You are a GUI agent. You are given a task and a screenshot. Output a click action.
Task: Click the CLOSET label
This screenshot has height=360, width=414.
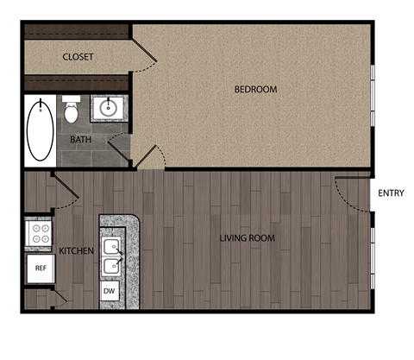click(x=78, y=57)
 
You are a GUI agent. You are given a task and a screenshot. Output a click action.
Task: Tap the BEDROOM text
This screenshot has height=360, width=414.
click(x=255, y=89)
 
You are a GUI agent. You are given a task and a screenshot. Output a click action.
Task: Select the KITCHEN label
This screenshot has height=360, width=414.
click(x=77, y=250)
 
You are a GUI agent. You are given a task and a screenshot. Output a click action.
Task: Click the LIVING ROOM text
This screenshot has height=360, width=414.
click(x=248, y=237)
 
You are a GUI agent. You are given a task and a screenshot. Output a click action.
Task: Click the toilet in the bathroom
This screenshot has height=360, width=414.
click(x=72, y=110)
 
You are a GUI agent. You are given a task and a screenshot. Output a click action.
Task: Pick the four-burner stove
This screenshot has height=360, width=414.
click(x=39, y=231)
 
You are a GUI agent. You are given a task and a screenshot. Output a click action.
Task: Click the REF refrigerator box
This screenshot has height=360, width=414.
click(x=40, y=268)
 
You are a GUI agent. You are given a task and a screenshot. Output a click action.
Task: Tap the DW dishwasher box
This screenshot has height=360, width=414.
click(x=110, y=291)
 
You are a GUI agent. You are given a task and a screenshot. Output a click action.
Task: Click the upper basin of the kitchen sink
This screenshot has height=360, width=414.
click(x=110, y=247)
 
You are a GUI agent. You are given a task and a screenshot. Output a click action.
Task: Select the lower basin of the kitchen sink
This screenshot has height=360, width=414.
click(x=110, y=265)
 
